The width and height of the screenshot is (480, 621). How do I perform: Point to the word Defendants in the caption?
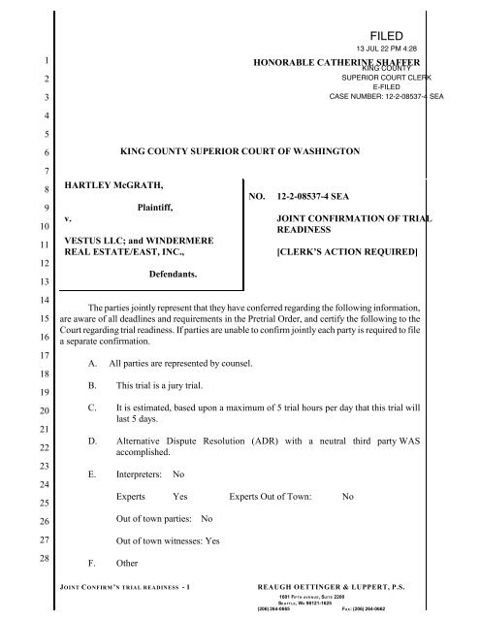coord(169,276)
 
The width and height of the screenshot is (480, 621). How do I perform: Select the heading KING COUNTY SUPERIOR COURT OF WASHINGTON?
coord(239,153)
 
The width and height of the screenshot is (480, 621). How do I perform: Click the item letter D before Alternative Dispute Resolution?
coord(91,441)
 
